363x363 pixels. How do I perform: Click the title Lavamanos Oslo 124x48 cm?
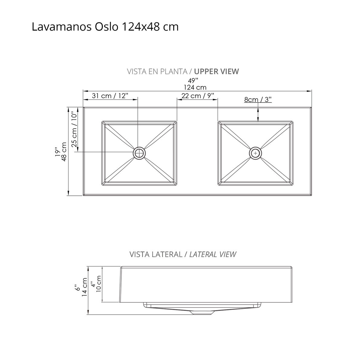pyautogui.click(x=105, y=27)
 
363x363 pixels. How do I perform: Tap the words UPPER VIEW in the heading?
pyautogui.click(x=217, y=71)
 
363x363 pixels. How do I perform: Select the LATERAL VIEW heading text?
pyautogui.click(x=213, y=254)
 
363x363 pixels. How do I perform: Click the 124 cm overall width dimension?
pyautogui.click(x=195, y=87)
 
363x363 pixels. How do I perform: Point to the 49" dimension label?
pyautogui.click(x=193, y=80)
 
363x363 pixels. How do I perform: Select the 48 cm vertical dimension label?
pyautogui.click(x=64, y=152)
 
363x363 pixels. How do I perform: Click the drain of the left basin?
pyautogui.click(x=139, y=153)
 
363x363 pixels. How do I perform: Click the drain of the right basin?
pyautogui.click(x=256, y=153)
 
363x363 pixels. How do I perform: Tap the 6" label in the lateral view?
pyautogui.click(x=78, y=287)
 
